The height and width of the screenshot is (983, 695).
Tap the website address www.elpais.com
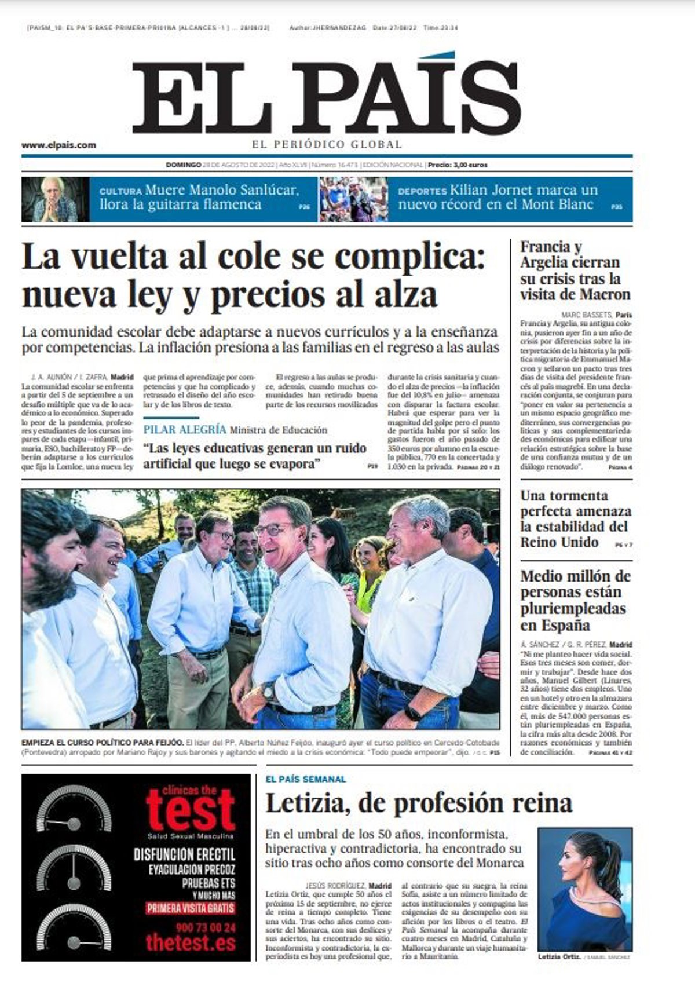tap(58, 145)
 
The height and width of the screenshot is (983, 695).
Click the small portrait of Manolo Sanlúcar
tap(56, 200)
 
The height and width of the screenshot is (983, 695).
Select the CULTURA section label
tap(120, 191)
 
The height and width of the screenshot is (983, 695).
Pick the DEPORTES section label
tap(422, 191)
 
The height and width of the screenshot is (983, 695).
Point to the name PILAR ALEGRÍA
tap(184, 430)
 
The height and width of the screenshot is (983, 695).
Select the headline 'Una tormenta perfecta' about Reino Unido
tap(575, 518)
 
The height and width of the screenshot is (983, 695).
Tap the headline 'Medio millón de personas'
tap(575, 601)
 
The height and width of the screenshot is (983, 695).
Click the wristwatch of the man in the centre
tap(268, 690)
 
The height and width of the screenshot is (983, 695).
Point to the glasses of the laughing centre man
tap(273, 529)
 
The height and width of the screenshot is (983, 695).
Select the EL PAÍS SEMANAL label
tap(305, 780)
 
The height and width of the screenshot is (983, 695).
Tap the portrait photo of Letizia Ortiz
tap(584, 889)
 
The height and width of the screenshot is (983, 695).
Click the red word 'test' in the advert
tap(191, 810)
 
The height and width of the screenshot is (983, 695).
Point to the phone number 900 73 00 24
tap(191, 927)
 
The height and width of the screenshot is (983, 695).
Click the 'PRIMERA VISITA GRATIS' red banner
tap(191, 908)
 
